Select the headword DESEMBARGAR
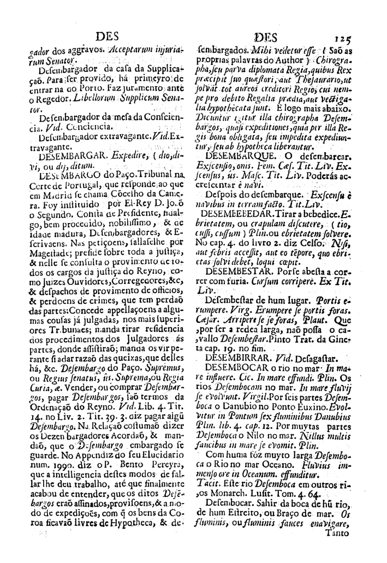click(x=71, y=155)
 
